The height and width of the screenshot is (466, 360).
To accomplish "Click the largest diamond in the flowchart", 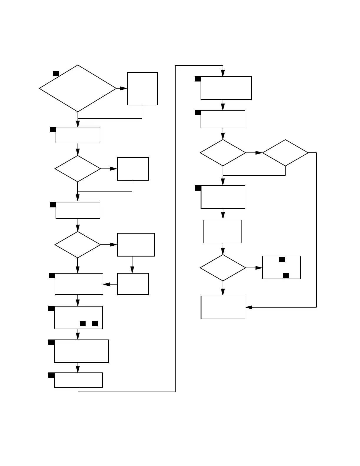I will (78, 88).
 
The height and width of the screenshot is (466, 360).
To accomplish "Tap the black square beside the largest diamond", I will (56, 73).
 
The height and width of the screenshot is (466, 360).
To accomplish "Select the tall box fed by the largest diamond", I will (142, 89).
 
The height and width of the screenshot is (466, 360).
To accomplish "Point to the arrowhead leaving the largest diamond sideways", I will (124, 88).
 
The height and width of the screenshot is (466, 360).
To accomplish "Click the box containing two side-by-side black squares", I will (78, 317).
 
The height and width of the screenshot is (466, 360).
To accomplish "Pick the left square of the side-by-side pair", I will (83, 324).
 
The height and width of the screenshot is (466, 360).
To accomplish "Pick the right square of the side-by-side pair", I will (95, 324).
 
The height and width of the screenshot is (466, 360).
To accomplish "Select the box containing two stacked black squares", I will (281, 267).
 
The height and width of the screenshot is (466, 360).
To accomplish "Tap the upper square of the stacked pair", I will (282, 259).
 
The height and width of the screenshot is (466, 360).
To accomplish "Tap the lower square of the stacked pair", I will (286, 276).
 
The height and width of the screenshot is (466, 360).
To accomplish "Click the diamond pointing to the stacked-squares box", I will (223, 268).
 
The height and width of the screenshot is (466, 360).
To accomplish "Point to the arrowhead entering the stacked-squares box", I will (259, 268).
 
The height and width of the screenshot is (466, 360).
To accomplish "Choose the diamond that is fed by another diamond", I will (285, 153).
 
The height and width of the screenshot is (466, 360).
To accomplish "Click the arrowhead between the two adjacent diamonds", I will (259, 153).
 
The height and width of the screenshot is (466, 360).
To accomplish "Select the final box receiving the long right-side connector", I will (223, 307).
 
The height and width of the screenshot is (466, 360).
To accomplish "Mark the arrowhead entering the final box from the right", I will (249, 307).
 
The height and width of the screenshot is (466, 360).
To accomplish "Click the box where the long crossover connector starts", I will (78, 380).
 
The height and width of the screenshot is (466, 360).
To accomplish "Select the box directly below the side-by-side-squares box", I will (81, 351).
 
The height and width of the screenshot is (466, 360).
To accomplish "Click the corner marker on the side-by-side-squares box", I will (51, 308).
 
